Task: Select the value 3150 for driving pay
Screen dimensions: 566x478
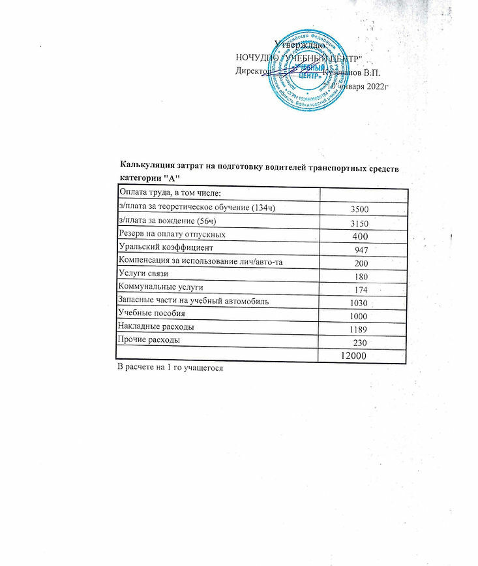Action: (x=359, y=223)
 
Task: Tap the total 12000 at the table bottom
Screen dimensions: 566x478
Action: (x=353, y=356)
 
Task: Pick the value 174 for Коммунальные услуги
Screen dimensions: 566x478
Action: (x=361, y=289)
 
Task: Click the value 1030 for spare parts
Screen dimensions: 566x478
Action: (x=359, y=303)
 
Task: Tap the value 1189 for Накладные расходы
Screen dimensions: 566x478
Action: (x=359, y=328)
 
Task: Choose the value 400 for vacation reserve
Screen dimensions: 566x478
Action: (x=361, y=236)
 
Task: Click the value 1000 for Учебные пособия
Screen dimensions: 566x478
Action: (x=359, y=315)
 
